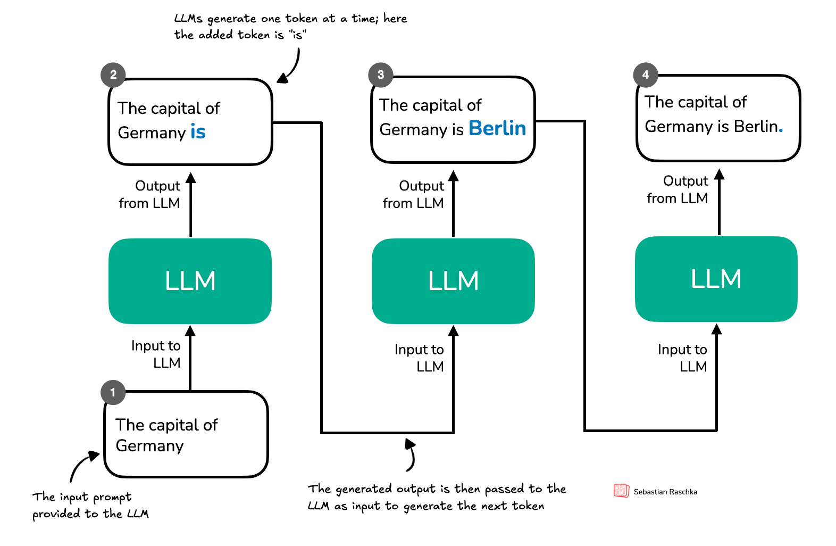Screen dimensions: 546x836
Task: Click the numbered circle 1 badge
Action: (113, 393)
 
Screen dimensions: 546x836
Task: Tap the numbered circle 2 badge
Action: (113, 75)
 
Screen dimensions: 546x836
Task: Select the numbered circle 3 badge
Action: (381, 75)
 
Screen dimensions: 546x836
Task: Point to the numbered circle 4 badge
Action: (646, 75)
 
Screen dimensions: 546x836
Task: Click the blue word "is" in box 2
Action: (198, 132)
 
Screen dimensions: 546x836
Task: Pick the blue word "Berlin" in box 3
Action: (497, 129)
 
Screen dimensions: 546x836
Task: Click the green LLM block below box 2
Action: (190, 281)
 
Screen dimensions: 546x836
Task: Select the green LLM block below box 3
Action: (453, 281)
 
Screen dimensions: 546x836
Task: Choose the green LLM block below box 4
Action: (716, 279)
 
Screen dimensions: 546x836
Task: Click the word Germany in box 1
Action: (149, 446)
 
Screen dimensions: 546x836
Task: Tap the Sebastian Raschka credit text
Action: (665, 492)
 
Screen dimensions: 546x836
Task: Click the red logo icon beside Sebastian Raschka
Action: (621, 491)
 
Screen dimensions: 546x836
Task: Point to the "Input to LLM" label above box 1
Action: (156, 354)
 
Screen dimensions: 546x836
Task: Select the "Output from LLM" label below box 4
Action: (678, 189)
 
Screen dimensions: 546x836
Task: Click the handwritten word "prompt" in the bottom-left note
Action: (112, 498)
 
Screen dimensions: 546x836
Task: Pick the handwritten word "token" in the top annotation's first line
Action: (301, 19)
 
